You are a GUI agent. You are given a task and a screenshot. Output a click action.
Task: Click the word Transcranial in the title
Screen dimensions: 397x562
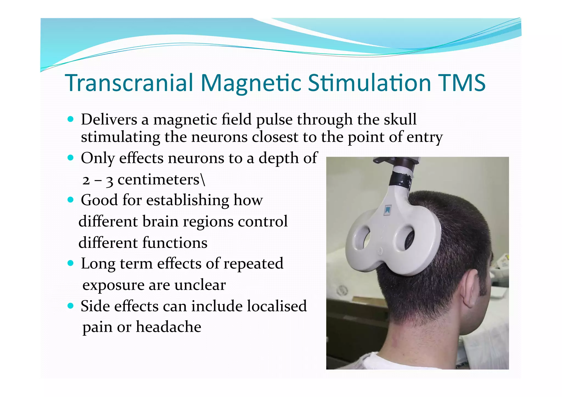click(129, 83)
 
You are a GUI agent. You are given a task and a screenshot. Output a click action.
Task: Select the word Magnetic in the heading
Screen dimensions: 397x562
click(251, 83)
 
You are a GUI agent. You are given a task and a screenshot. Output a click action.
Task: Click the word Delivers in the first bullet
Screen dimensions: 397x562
click(109, 120)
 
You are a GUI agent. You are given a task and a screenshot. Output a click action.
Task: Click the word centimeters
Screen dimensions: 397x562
click(158, 180)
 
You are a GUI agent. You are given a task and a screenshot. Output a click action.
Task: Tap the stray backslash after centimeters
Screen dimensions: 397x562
click(203, 180)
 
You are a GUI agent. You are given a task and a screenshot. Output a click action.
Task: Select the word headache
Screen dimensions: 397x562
click(168, 327)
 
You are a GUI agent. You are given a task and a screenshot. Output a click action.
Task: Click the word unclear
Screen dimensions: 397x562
click(200, 285)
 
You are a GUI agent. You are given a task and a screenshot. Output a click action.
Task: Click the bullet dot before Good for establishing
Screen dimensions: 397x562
click(71, 200)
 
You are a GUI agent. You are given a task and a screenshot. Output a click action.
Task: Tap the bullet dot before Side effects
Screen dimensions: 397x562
click(71, 306)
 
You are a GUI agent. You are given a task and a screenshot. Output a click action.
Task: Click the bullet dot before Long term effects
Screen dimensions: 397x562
click(71, 263)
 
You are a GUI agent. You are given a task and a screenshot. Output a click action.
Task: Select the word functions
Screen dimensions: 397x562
click(175, 243)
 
